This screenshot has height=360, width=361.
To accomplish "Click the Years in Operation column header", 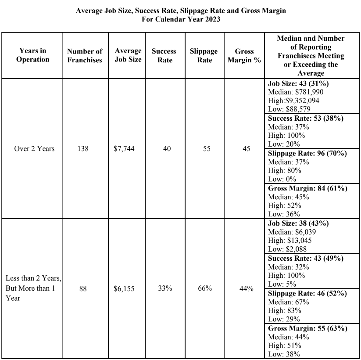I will (x=32, y=55).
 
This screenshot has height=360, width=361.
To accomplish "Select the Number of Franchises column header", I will (x=85, y=56).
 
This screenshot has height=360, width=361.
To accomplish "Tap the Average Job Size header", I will (x=128, y=55).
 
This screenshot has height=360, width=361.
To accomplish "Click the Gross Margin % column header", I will (x=244, y=56).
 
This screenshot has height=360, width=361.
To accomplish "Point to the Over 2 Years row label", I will (x=34, y=149).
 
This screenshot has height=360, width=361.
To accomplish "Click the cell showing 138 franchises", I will (x=82, y=149).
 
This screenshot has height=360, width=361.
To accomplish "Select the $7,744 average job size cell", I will (x=124, y=149).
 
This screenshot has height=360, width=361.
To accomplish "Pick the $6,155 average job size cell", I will (x=124, y=288).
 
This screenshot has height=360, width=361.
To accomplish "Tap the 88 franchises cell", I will (x=82, y=288).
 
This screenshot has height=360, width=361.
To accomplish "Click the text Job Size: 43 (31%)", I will (x=298, y=83).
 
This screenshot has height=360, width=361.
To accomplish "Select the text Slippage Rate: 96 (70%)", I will (x=307, y=153).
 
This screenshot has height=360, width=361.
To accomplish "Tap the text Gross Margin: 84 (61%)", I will (x=307, y=188).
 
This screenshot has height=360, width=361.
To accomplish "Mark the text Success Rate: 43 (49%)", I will (x=305, y=259).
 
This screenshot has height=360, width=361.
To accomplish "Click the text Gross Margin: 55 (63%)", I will (x=307, y=328).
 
